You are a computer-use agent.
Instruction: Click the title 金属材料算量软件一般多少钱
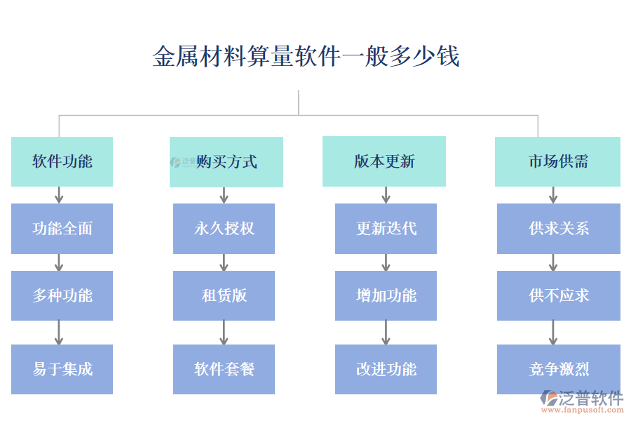pos(306,56)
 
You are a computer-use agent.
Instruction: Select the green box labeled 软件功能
pos(62,161)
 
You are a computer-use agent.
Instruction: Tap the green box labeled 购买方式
pos(226,161)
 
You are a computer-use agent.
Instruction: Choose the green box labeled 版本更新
pos(384,161)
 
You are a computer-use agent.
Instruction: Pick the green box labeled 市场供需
pos(557,161)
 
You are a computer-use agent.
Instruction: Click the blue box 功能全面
pos(62,229)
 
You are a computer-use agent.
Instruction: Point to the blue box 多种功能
pos(62,295)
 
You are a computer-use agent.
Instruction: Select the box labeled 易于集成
pos(62,369)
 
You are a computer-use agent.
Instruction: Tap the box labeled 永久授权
pos(224,229)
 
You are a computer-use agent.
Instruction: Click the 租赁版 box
pos(224,295)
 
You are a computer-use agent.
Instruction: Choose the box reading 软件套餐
pos(224,369)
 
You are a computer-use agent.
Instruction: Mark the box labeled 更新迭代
pos(386,229)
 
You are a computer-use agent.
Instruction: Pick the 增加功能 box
pos(386,295)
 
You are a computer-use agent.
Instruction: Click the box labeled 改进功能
pos(386,369)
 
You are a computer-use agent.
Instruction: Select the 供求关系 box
pos(558,229)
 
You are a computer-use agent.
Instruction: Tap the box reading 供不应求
pos(558,295)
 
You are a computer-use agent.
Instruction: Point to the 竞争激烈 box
pos(558,369)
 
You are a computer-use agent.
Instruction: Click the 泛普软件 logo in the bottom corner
pos(581,401)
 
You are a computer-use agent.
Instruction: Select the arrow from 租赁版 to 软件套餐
pos(224,332)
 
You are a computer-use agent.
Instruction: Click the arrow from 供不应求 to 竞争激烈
pos(553,332)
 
